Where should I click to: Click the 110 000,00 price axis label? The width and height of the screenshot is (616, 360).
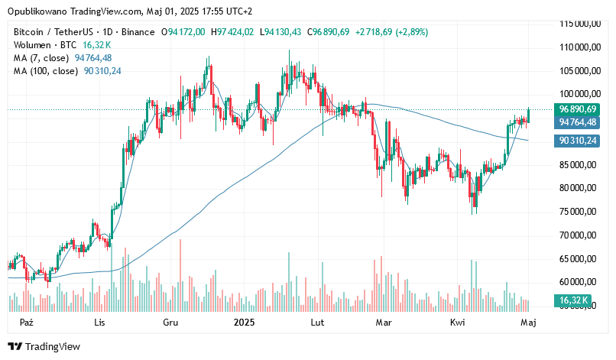pos(578,47)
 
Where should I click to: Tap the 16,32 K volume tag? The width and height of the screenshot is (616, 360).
pos(572,301)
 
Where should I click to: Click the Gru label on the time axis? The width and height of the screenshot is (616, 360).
pos(170,323)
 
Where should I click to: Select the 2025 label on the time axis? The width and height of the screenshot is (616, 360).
pos(242,323)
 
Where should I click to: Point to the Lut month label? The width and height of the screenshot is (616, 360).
pos(316,323)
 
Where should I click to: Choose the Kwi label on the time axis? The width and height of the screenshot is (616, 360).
pos(458,323)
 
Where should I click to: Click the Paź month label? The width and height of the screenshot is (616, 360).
pos(27,323)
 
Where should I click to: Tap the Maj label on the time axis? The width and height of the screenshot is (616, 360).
pos(528,323)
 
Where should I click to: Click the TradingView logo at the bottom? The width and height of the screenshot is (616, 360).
pos(44,346)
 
